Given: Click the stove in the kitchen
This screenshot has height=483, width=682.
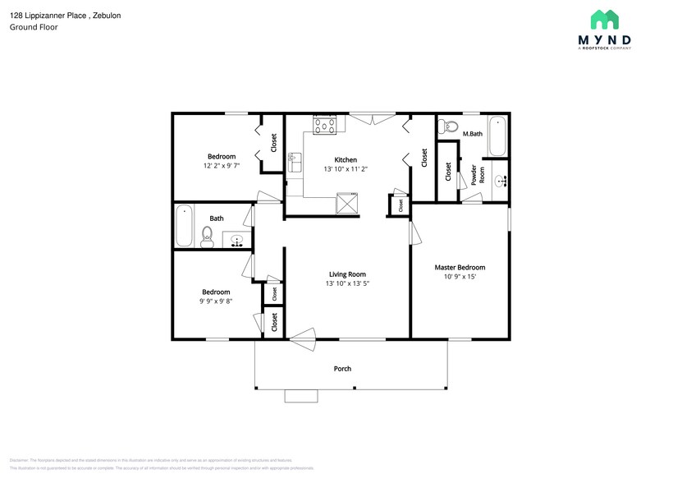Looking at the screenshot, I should point(324,125).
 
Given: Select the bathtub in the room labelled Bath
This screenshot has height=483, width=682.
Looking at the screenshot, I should point(184,225).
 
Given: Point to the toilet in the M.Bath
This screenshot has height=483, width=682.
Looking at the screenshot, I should point(448,126).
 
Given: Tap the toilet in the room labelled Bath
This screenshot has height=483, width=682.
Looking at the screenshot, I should point(207,239).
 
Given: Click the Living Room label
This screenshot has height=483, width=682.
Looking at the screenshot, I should point(347,274).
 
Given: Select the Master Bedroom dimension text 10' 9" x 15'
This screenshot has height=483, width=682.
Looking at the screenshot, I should point(460,277).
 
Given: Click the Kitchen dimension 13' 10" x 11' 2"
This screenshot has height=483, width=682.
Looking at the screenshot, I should point(345,169).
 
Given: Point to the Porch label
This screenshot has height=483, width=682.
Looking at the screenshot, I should point(342,369).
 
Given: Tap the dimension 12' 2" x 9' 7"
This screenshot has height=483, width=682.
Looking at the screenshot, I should point(221,166).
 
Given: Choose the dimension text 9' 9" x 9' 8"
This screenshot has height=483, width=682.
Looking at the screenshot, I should point(216,301).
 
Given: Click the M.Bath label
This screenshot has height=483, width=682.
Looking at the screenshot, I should point(471,134).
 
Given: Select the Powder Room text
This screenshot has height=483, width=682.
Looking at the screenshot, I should point(478,175).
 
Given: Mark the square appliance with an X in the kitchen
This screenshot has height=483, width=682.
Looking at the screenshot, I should point(348,201).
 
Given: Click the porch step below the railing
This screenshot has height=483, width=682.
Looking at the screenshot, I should point(300,396).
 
